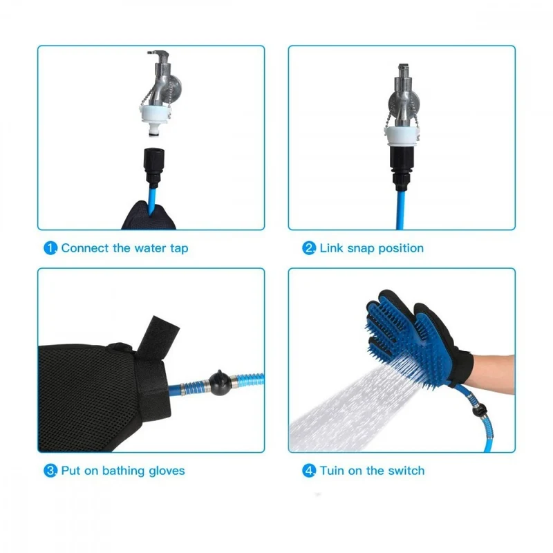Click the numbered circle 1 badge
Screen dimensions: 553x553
click(50, 248)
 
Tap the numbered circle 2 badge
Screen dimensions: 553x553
click(308, 248)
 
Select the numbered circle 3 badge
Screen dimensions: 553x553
click(50, 471)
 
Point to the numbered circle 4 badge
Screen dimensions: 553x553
click(308, 471)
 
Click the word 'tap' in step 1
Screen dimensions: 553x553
click(179, 249)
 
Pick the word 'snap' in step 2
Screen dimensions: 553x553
click(361, 249)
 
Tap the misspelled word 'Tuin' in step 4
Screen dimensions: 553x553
click(332, 471)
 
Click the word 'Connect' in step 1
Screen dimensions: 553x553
click(85, 248)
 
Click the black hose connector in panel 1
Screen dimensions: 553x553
click(153, 166)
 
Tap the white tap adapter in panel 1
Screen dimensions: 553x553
click(154, 118)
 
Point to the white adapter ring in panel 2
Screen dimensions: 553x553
click(402, 136)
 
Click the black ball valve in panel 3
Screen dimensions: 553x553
click(220, 382)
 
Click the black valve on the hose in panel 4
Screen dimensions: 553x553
click(479, 410)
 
